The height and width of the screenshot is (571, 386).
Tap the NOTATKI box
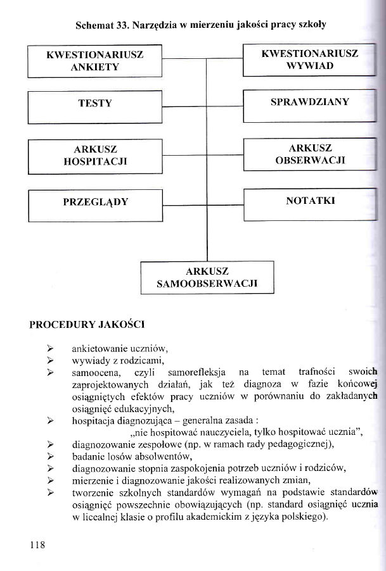pyautogui.click(x=311, y=201)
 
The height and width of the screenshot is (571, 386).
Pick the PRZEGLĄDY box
pyautogui.click(x=96, y=203)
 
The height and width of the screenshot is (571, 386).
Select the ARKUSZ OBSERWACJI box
pyautogui.click(x=310, y=154)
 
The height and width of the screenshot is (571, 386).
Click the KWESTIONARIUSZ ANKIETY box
pyautogui.click(x=95, y=61)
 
